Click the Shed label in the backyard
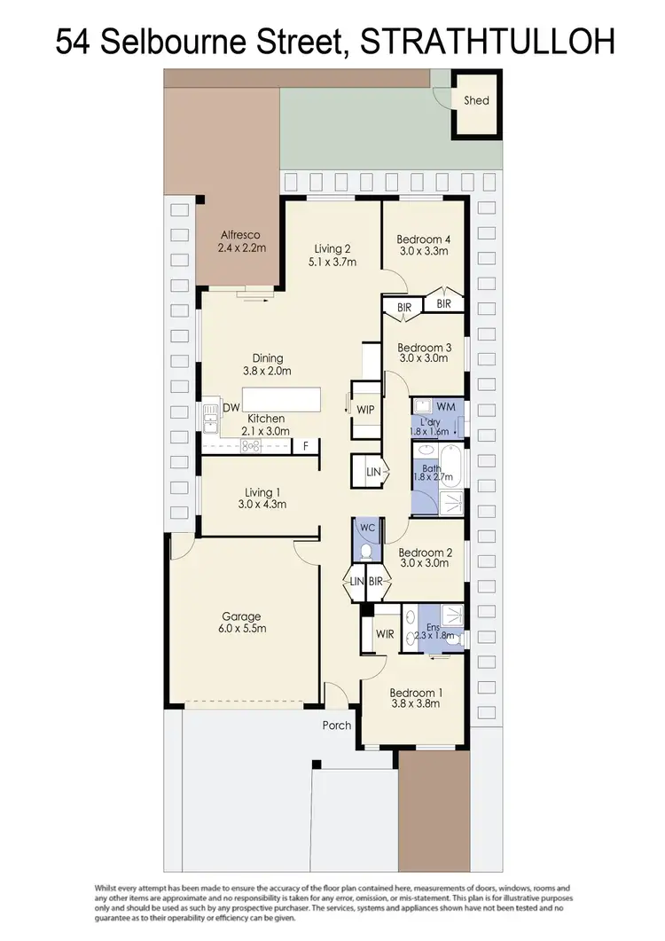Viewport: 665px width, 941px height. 476,100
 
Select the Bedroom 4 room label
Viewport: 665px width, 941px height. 424,239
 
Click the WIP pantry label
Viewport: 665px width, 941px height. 365,410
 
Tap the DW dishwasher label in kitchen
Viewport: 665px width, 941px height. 231,408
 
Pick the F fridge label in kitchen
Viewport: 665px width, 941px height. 306,445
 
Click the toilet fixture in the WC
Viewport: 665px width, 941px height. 366,550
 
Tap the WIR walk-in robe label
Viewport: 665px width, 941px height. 384,634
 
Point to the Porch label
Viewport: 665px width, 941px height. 337,725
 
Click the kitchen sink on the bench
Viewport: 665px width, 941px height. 210,418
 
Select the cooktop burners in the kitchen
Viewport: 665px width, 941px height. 249,445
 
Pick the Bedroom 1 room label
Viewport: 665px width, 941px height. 415,693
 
